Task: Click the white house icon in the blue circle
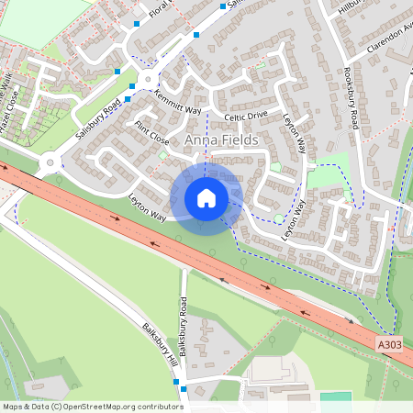coord(206,198)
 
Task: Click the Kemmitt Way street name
coord(177,102)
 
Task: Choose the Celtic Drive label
coord(245,117)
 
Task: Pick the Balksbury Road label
coord(184,325)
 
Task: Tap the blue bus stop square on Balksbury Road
coord(184,389)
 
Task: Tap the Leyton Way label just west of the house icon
coord(147,207)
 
